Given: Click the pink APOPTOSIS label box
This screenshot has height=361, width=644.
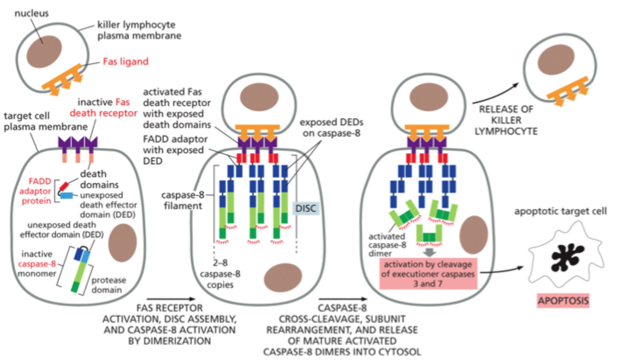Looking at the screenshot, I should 563,301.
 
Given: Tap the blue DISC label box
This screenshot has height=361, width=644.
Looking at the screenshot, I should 305,208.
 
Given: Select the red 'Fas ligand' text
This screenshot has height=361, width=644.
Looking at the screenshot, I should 126,62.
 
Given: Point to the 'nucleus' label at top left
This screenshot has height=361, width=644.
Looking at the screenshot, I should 31,13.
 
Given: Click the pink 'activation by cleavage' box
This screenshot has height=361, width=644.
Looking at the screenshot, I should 428,274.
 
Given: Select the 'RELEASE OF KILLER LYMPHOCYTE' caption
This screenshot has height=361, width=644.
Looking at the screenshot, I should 506,120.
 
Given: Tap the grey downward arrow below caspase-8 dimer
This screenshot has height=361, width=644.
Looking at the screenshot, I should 430,252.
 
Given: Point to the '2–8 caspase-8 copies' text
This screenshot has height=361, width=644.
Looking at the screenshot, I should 220,274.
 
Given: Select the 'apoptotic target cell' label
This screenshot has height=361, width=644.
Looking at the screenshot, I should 560,212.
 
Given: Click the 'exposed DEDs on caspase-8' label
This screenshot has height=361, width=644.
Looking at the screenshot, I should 331,128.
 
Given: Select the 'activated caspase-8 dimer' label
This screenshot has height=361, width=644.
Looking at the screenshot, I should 387,245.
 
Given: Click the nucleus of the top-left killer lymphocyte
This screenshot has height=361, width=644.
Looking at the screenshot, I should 44,52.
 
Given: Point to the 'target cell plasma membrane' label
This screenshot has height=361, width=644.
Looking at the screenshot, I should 45,121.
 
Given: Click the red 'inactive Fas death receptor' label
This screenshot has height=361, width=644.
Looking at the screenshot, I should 104,108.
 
